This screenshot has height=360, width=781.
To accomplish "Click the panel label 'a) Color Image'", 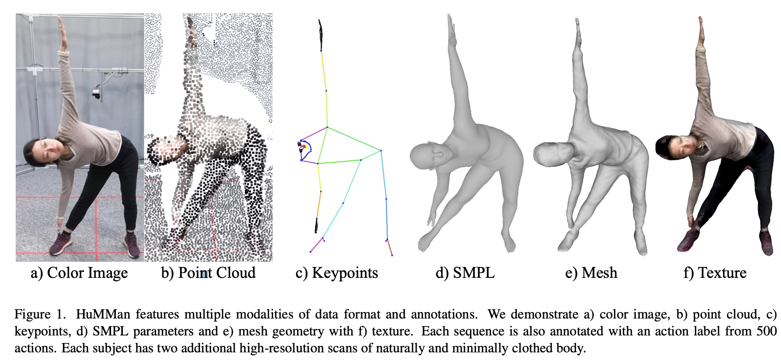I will click(79, 273).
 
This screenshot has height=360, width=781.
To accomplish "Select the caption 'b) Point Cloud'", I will click(208, 273).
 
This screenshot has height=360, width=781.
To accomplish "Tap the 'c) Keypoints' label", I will click(337, 273).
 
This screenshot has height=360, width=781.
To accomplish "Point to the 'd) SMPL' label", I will click(465, 273).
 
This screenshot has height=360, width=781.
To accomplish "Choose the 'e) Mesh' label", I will click(591, 273).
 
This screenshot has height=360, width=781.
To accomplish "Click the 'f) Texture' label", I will click(715, 273).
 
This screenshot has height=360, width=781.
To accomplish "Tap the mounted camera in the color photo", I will click(96, 93).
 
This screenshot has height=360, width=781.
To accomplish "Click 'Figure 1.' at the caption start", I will click(40, 314).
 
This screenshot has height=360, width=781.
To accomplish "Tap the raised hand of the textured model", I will click(701, 30).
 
